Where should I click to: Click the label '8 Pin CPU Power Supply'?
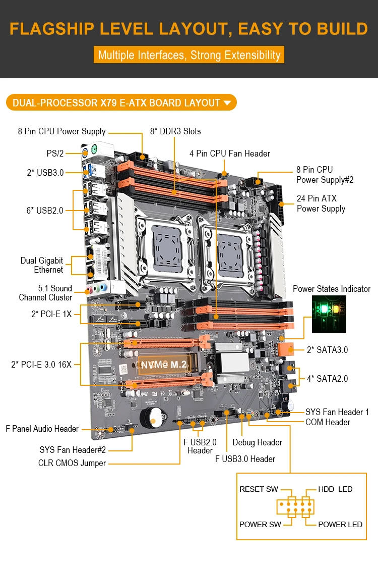pos(61,131)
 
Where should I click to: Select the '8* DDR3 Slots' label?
pos(175,131)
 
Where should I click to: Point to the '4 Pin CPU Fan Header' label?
pos(230,153)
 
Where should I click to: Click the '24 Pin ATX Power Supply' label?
pos(321,203)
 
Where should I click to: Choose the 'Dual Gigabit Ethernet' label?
pos(42,265)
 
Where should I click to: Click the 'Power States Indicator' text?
pos(331,289)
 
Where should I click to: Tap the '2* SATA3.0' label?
pos(327,349)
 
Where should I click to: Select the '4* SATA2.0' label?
pos(327,378)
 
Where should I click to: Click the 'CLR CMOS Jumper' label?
pos(72,463)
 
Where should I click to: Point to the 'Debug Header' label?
pos(257,442)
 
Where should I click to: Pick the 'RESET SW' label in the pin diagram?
pos(259,489)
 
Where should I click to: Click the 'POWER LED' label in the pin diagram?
pos(340,524)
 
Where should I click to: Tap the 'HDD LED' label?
pos(335,489)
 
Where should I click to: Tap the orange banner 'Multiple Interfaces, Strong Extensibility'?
pos(189,55)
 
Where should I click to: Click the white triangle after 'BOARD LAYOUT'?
pos(227,103)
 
